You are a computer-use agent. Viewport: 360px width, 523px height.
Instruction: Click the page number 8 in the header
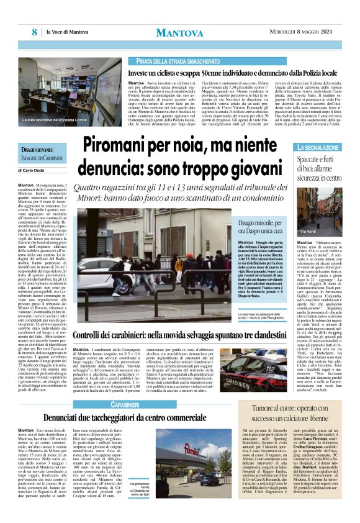35,31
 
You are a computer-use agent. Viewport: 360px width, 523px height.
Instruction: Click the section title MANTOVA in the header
180,32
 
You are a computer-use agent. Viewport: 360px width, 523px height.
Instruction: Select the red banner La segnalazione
318,148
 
